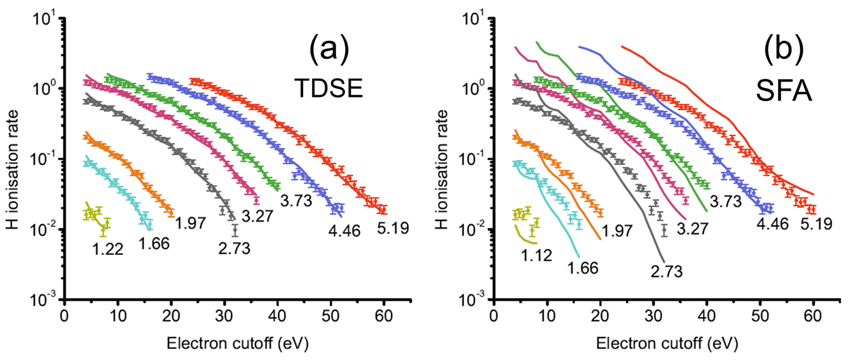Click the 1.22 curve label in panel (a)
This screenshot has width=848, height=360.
click(x=105, y=248)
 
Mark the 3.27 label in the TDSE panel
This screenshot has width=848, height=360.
click(x=257, y=216)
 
